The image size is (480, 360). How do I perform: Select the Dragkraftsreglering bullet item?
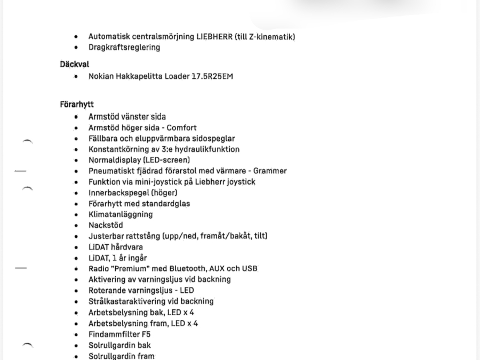124,47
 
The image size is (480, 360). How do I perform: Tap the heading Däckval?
74,64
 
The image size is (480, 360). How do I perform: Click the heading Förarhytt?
77,105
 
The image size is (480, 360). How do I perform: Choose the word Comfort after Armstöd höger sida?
182,127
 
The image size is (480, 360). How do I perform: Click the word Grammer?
270,171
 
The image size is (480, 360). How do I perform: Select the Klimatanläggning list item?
121,214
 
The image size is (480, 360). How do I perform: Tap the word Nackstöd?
106,225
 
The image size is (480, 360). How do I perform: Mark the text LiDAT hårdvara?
116,247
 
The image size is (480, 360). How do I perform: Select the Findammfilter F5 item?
119,334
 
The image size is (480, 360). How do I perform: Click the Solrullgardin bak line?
119,345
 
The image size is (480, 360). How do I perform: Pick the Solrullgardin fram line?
122,356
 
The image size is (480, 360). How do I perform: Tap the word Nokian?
101,76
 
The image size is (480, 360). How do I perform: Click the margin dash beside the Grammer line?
20,171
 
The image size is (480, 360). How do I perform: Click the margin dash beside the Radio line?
20,268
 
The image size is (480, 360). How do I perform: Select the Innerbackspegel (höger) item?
133,193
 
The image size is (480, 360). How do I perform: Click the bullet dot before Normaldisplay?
77,160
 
